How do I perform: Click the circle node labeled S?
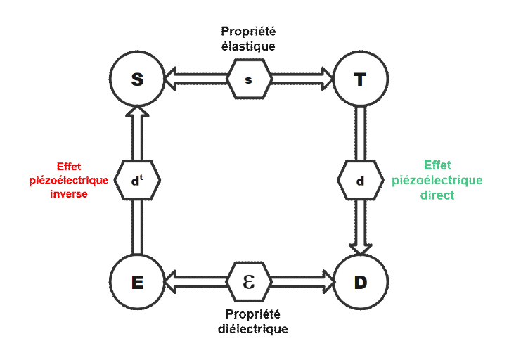pos(138,79)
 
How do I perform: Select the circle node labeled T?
pos(361,79)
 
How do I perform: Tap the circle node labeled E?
pos(138,282)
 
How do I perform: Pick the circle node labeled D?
pos(361,282)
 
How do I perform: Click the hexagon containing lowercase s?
pos(249,79)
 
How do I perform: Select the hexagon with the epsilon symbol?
pos(249,282)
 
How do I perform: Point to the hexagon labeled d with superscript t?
pos(138,181)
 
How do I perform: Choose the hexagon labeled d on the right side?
pos(361,181)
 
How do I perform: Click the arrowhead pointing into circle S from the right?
pos(172,79)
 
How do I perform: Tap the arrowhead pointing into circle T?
pos(326,79)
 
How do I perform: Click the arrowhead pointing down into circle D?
pos(361,247)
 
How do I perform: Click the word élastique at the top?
pos(248,46)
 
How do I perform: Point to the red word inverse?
pos(69,194)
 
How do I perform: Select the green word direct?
pos(437,195)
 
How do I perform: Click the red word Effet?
pos(69,167)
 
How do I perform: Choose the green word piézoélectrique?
pos(437,180)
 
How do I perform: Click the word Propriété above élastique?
pos(248,31)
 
